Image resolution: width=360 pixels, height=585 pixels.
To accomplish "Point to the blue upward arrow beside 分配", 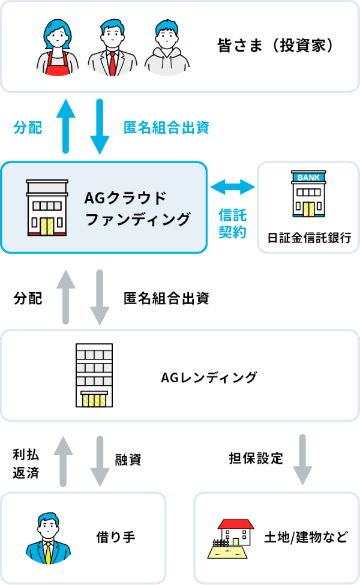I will pos(65,125).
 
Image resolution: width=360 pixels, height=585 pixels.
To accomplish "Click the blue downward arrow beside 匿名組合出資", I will pos(100,127).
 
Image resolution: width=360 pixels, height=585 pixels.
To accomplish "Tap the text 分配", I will pos(28,127).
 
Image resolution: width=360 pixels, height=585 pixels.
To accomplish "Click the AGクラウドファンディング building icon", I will pos(47,207).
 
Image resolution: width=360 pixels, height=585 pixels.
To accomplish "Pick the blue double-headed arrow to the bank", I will pos(233,187).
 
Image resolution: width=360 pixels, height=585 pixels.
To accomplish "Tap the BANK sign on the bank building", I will pos(308,176).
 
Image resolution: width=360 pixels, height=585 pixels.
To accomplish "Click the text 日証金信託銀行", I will pos(309,237).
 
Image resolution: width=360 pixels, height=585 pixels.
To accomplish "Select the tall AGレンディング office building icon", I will pos(94,374).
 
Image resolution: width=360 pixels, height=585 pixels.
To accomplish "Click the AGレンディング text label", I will pos(209,377).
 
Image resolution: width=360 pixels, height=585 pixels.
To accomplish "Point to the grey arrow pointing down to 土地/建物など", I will pos(302,459).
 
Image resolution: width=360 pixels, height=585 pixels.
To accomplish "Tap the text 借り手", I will pos(116,536).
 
